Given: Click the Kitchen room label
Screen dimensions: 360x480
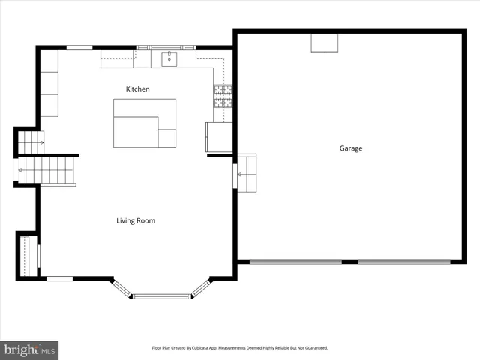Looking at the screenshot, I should pos(137,89).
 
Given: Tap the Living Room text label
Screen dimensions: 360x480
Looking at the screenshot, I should pos(136,220).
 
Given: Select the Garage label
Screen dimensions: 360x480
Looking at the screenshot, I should pos(350,148).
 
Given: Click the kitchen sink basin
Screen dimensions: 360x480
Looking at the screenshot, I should pos(169,57).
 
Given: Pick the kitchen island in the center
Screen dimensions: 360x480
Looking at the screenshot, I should pos(145,123).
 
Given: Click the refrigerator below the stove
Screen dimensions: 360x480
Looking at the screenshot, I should pos(218,137).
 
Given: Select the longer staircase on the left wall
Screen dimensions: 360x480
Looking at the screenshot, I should pos(46,170).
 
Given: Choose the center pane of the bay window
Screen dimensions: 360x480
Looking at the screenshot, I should pos(161,296).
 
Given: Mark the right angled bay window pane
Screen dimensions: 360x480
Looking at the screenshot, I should pos(200,288).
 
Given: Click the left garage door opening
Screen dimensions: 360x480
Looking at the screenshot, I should pos(295,262).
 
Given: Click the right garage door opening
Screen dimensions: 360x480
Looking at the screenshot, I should pos(404,262).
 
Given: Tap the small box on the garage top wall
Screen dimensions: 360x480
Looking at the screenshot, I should pos(324,43).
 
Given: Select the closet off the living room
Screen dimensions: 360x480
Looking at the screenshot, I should pos(27,255).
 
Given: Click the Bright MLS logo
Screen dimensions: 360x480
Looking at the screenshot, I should pos(29,349).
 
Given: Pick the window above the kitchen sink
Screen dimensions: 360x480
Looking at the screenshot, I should pos(166,47).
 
